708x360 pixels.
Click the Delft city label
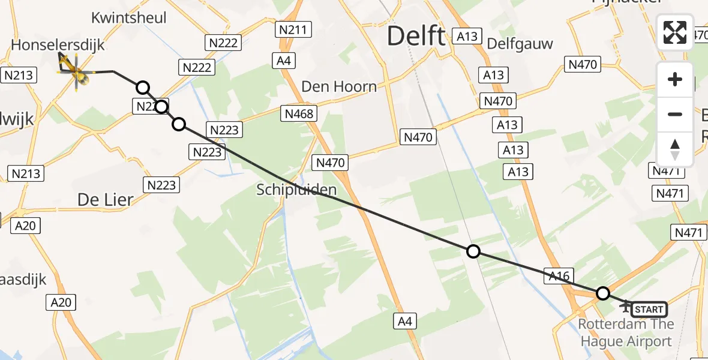[416, 37]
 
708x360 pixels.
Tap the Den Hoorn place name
[339, 86]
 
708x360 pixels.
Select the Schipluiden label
[296, 190]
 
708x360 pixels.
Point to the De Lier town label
[105, 199]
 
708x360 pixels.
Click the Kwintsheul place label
[130, 18]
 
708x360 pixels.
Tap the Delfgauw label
[520, 44]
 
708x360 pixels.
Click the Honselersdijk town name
[58, 45]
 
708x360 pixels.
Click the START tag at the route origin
[649, 310]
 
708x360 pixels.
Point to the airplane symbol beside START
[626, 307]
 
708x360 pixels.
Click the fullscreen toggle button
[675, 32]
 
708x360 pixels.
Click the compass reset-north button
[675, 149]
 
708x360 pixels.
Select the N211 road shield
[292, 29]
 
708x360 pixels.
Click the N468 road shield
[299, 113]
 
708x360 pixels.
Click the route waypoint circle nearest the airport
[603, 293]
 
